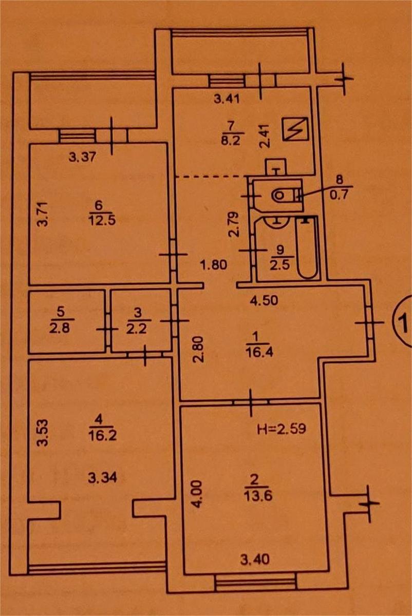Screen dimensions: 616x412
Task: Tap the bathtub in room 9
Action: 307,248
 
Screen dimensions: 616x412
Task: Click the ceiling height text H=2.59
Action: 282,429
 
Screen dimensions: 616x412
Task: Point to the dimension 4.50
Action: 264,300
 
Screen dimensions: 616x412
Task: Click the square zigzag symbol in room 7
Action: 296,129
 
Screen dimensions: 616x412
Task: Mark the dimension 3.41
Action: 227,100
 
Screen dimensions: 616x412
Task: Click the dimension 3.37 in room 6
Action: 83,158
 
